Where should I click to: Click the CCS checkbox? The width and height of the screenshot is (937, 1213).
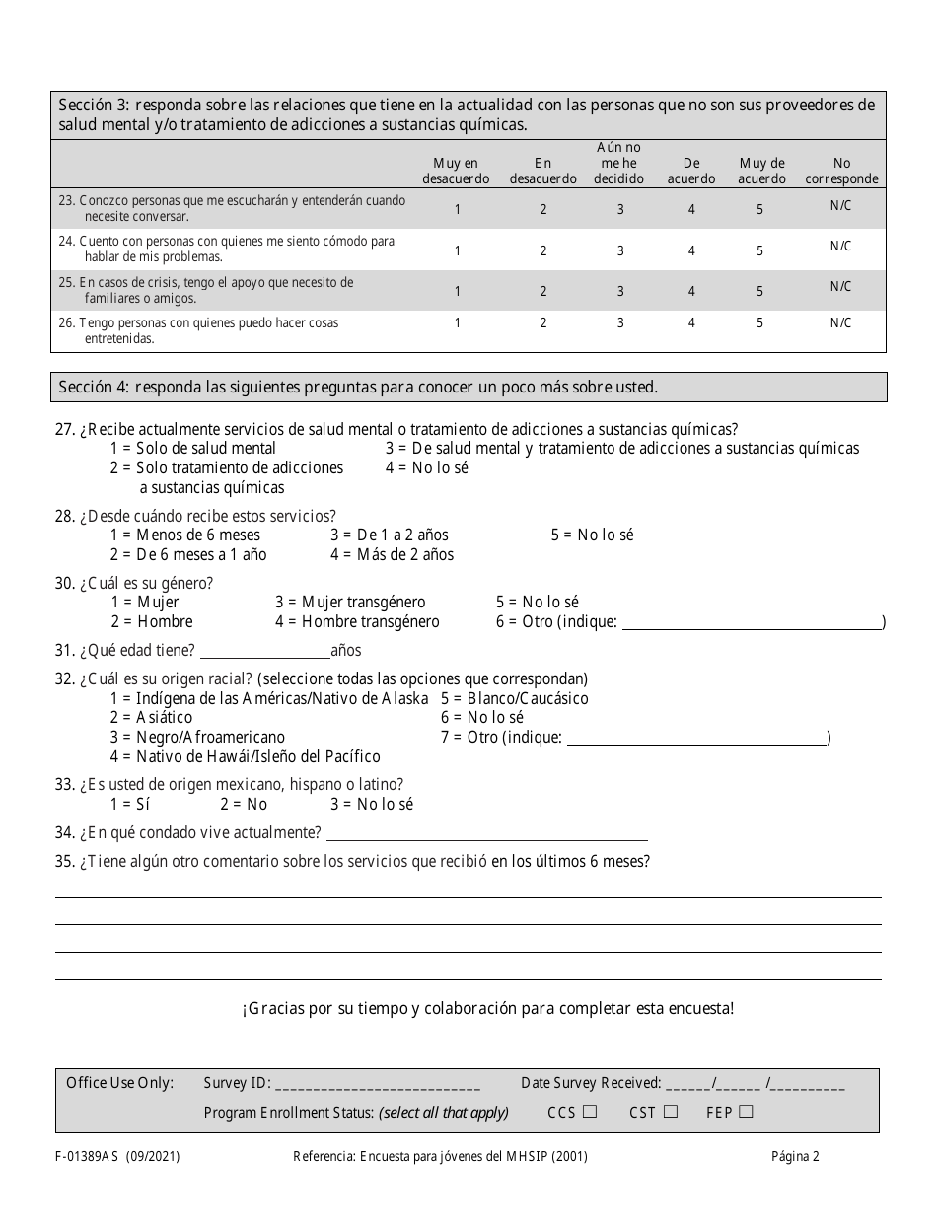[590, 1112]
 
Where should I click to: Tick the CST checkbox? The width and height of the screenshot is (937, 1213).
[671, 1112]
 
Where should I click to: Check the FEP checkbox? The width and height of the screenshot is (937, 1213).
[746, 1112]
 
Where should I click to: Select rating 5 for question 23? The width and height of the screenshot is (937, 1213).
[759, 209]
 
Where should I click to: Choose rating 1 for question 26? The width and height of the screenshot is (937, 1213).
[457, 323]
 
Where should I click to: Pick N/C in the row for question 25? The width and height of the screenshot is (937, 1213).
[840, 287]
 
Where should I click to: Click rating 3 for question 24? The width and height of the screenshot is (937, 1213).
[620, 251]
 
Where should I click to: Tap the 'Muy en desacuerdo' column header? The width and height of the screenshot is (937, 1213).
[456, 171]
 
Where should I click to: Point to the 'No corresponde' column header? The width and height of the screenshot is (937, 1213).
[841, 171]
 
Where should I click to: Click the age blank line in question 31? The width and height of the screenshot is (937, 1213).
[264, 651]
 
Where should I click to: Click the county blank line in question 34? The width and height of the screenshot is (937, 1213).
[485, 833]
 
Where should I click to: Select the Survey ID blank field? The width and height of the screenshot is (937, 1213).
[378, 1084]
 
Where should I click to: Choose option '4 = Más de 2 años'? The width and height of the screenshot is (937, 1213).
[393, 554]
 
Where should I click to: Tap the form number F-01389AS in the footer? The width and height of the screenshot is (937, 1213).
[96, 1157]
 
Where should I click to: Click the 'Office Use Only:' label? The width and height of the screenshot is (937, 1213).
[119, 1083]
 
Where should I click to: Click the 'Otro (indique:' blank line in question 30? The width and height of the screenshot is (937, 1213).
[752, 622]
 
